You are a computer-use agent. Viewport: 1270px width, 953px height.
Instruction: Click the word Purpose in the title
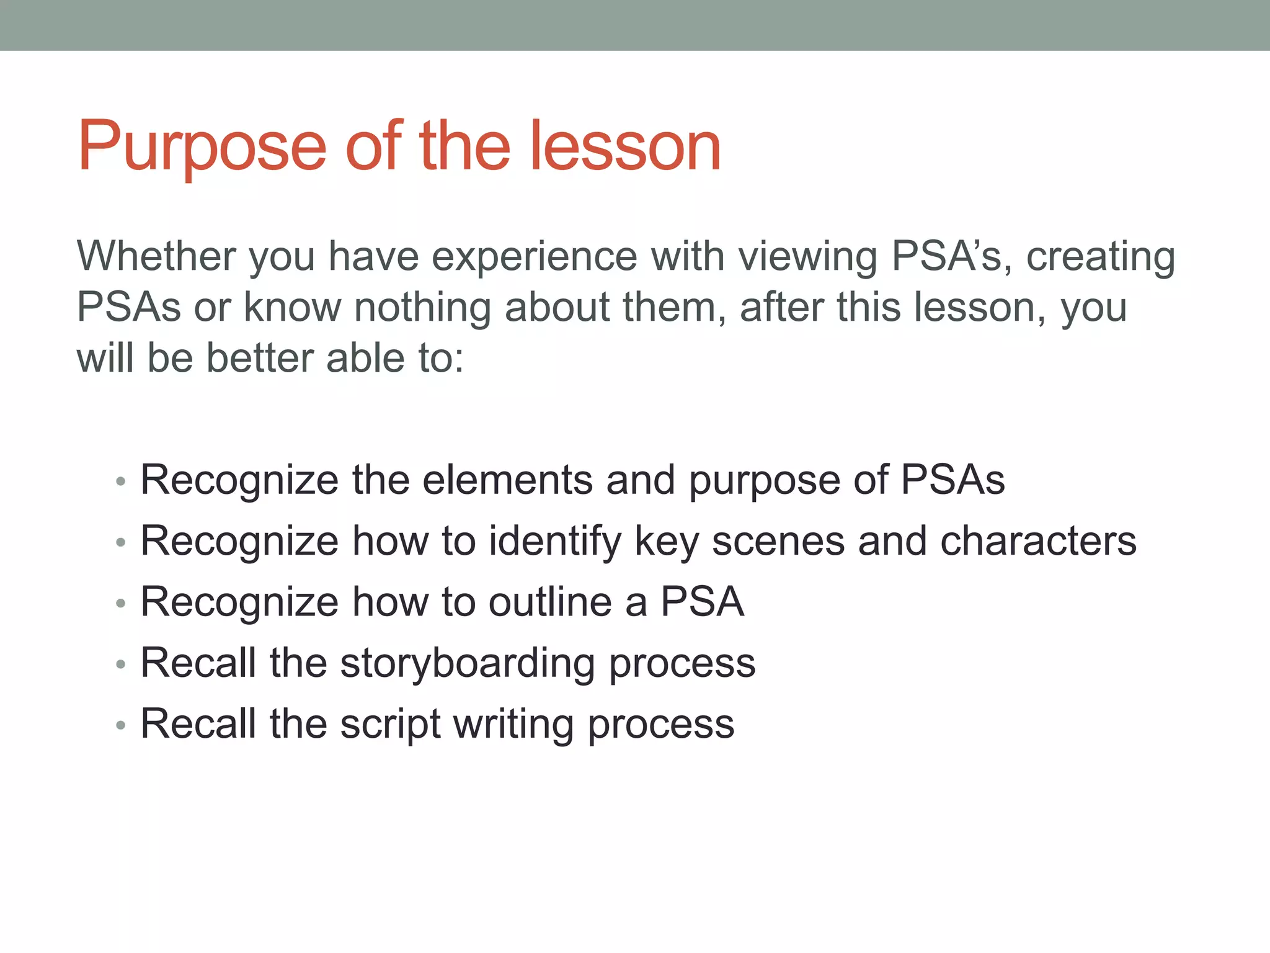pyautogui.click(x=202, y=146)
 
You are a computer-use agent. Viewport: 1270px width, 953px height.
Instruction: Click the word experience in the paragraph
pyautogui.click(x=534, y=256)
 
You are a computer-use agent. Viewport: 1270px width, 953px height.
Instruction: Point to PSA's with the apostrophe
pyautogui.click(x=946, y=256)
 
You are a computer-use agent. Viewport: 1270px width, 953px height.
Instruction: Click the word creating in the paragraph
pyautogui.click(x=1100, y=256)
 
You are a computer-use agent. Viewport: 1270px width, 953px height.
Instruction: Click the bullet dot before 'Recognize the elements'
pyautogui.click(x=121, y=481)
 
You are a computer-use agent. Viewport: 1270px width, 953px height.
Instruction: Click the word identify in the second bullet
pyautogui.click(x=554, y=541)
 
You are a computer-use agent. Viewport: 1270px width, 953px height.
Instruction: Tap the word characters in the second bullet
pyautogui.click(x=1038, y=541)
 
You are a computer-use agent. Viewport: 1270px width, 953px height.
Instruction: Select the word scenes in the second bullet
pyautogui.click(x=778, y=541)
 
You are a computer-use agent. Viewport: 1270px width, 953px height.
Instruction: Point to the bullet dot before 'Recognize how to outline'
pyautogui.click(x=121, y=603)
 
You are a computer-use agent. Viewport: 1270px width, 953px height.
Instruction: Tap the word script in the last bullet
pyautogui.click(x=390, y=723)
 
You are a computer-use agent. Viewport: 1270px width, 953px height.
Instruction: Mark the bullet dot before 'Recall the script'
pyautogui.click(x=121, y=725)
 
